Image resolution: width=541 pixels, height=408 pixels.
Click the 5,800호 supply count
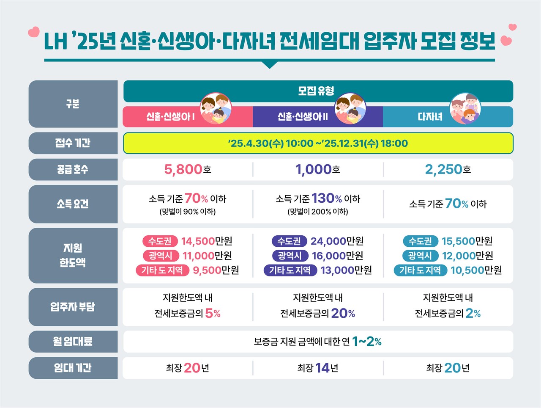point(188,169)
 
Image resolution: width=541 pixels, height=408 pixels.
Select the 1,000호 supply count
point(317,169)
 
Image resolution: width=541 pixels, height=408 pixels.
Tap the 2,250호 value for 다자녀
point(448,169)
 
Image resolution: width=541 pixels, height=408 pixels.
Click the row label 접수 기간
point(73,143)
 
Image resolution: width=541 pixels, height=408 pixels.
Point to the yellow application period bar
point(318,143)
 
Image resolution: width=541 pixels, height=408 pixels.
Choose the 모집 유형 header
point(316,91)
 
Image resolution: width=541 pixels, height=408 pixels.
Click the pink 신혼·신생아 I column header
point(170,116)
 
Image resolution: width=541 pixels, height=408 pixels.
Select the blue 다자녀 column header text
point(430,116)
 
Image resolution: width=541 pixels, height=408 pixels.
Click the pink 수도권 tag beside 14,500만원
point(160,241)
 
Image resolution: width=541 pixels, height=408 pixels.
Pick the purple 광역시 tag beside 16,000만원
point(290,256)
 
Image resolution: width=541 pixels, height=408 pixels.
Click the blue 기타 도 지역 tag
point(420,270)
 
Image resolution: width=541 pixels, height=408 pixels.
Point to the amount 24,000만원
point(337,241)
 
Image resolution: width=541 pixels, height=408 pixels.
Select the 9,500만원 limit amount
point(216,270)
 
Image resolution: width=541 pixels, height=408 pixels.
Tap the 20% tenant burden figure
point(342,313)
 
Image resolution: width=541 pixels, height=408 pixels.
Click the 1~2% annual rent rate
point(366,342)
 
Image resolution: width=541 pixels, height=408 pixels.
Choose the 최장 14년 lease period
point(317,368)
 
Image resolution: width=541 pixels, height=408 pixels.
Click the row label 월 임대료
point(73,342)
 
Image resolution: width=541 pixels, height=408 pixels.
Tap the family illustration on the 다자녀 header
point(465,109)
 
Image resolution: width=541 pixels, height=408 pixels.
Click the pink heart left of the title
point(33,32)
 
